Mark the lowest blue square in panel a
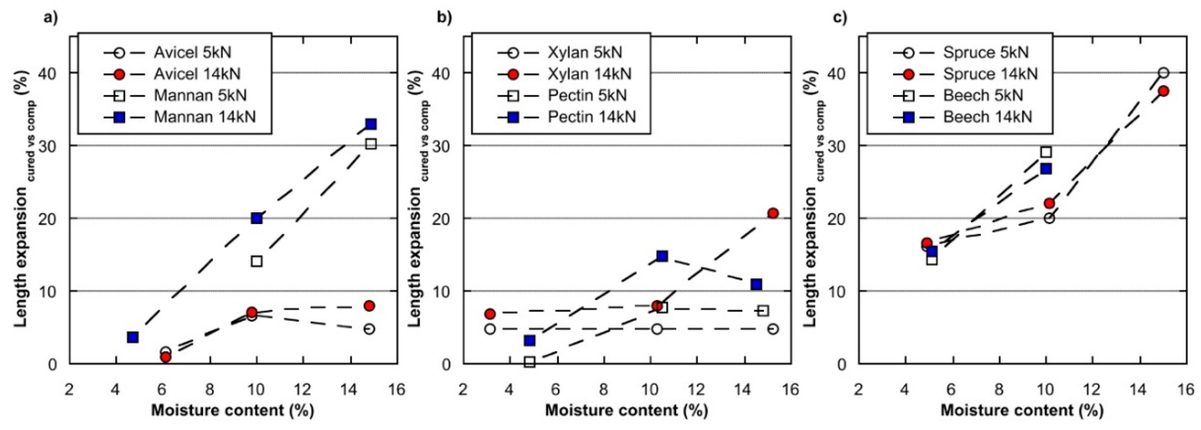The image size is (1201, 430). pyautogui.click(x=133, y=337)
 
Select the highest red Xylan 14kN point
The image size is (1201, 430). pyautogui.click(x=773, y=213)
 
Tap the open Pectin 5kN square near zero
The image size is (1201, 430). pyautogui.click(x=529, y=362)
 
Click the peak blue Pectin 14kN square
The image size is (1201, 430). pyautogui.click(x=662, y=256)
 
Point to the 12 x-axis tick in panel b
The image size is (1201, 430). pyautogui.click(x=697, y=389)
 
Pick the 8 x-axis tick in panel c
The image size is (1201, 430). pyautogui.click(x=999, y=389)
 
